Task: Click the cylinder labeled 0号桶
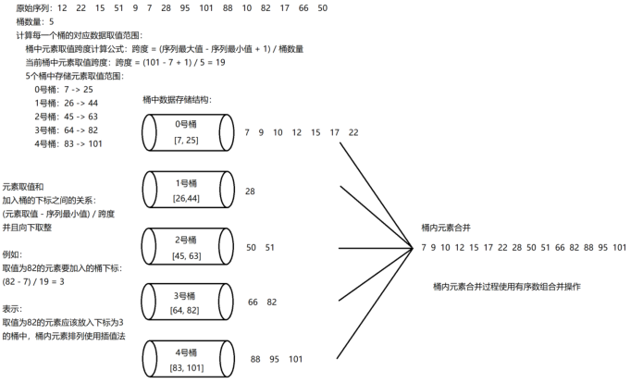click(x=186, y=132)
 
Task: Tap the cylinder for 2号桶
click(x=186, y=246)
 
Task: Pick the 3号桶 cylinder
click(x=186, y=302)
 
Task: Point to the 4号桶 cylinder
click(x=186, y=359)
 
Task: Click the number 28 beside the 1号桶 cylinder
click(x=250, y=191)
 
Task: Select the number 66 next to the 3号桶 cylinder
click(x=253, y=303)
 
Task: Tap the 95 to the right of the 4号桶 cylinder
click(x=275, y=359)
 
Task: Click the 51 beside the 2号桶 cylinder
click(x=270, y=247)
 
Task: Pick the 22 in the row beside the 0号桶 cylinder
click(x=353, y=132)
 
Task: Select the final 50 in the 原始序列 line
click(x=321, y=7)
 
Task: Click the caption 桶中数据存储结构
click(x=178, y=99)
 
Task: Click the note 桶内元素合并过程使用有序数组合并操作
click(x=507, y=287)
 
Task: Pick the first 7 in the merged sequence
click(x=423, y=247)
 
